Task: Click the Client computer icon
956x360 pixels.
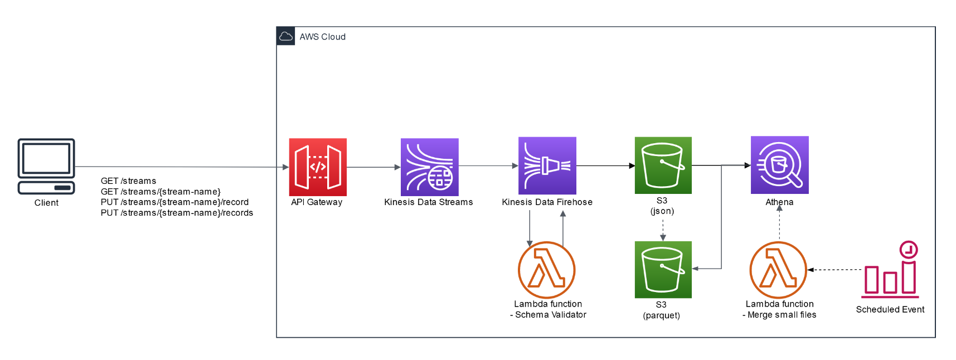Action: (x=46, y=166)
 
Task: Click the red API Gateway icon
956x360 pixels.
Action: (x=318, y=167)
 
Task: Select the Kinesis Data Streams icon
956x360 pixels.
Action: (x=429, y=167)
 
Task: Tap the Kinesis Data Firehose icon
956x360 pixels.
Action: (x=547, y=166)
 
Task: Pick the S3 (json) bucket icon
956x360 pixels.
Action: (x=663, y=166)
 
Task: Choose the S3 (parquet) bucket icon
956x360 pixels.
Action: (x=663, y=270)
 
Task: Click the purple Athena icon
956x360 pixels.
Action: (x=779, y=165)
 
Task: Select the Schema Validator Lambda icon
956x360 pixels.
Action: (x=546, y=270)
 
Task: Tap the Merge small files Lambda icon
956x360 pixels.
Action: (x=778, y=270)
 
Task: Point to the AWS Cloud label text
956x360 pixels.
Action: (x=322, y=37)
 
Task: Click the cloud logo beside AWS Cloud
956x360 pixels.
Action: (x=286, y=36)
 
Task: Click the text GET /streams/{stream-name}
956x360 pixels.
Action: (x=161, y=192)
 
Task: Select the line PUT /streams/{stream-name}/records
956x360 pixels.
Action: (x=177, y=213)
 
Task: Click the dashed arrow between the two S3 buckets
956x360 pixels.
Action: (x=663, y=229)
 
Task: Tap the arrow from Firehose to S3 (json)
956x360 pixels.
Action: (x=605, y=166)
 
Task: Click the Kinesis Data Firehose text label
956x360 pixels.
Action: (x=547, y=202)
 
